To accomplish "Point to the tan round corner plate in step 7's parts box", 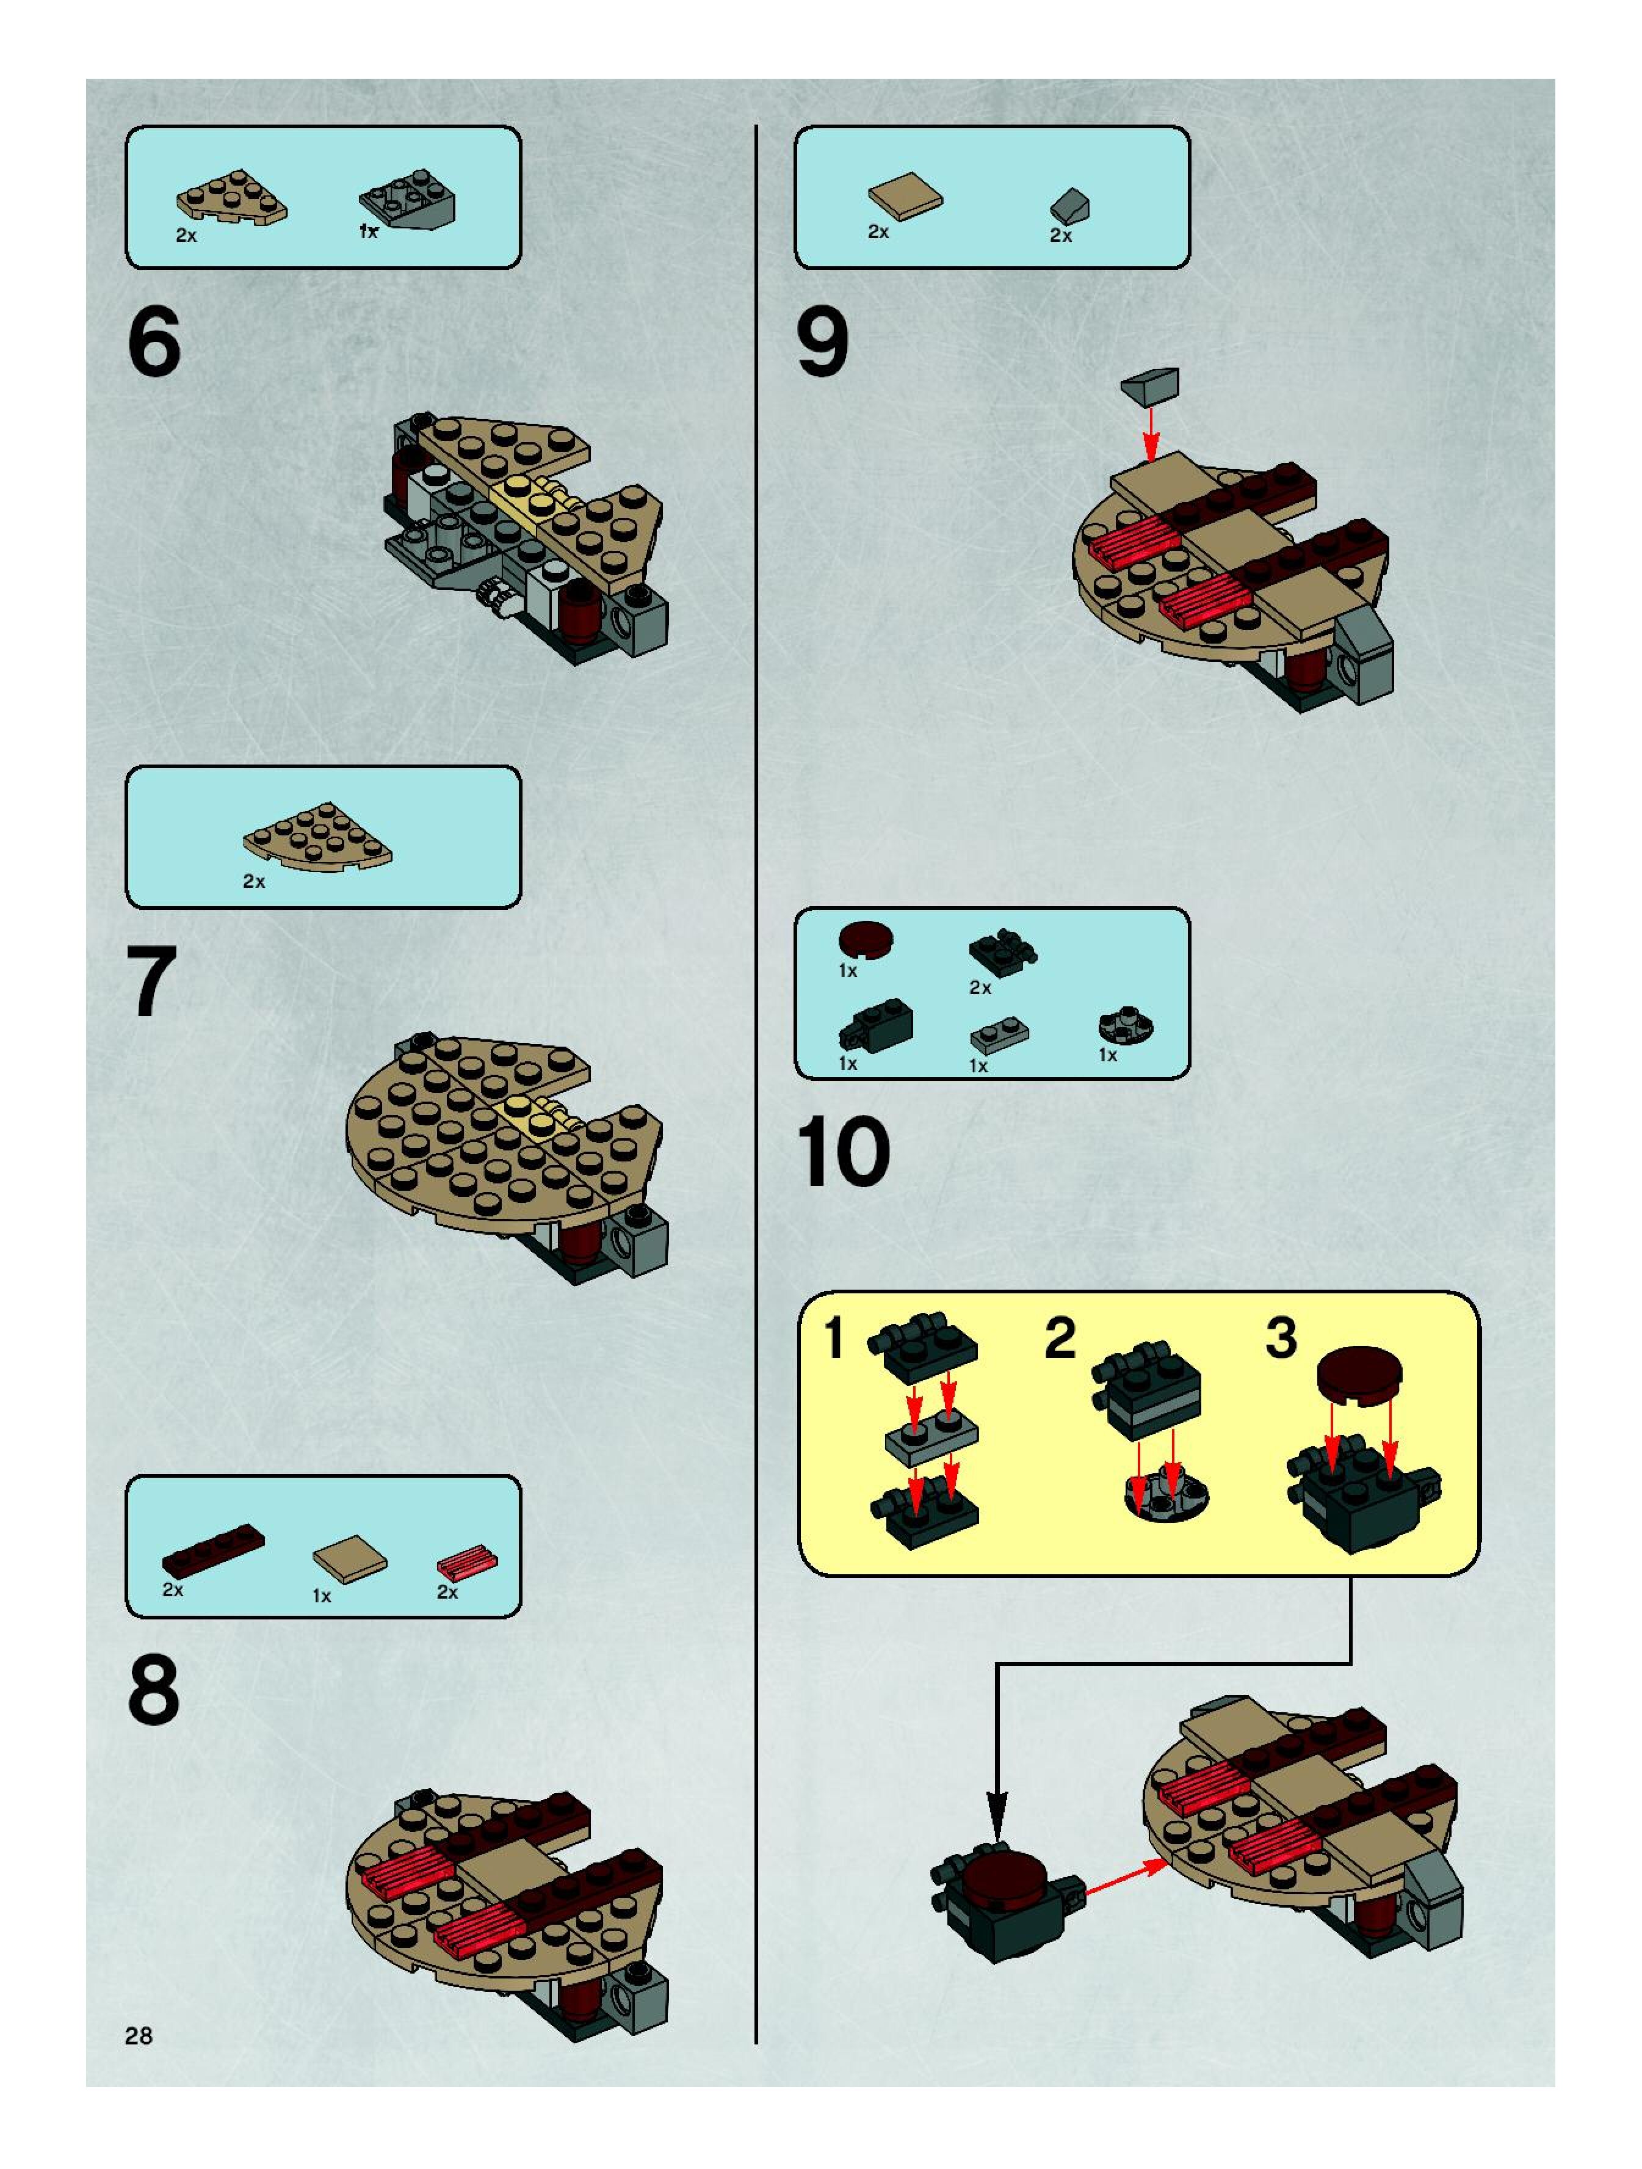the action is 317,837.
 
